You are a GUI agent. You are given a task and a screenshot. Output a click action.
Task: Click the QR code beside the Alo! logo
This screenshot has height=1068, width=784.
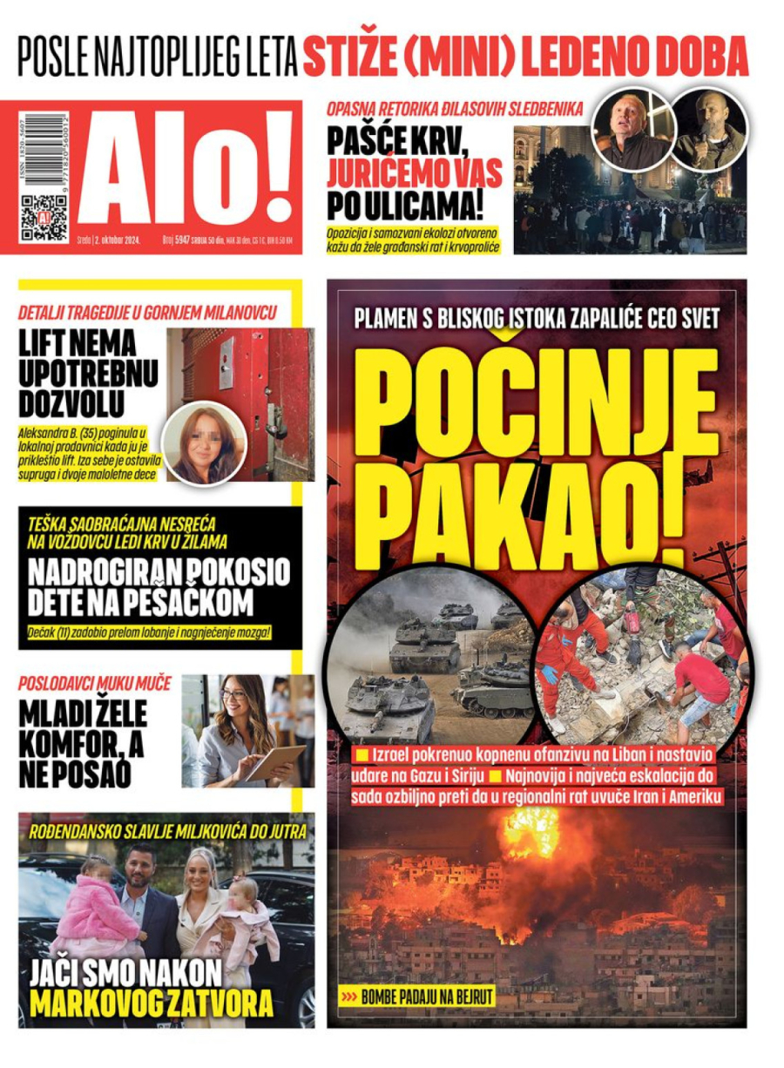[x=44, y=218]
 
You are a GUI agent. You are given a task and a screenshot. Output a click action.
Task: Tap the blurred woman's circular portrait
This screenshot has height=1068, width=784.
[x=205, y=442]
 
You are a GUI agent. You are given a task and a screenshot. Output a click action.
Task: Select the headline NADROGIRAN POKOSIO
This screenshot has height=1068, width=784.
[x=159, y=572]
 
